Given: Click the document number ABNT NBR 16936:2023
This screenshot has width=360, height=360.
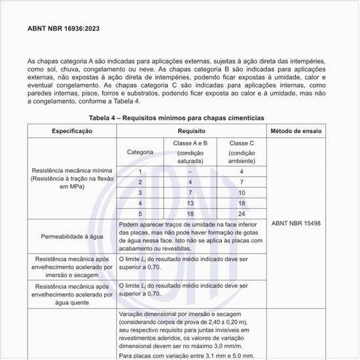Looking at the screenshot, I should pos(63,29).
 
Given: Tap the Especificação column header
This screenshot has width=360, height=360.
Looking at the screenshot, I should pos(72,131).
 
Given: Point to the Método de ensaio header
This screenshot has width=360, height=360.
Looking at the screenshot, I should pos(296,131).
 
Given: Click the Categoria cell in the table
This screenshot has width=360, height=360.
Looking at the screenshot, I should pos(140,152).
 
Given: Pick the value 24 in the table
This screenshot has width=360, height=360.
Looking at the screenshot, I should pos(242,213).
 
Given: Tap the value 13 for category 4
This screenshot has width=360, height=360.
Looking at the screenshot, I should pos(190,203).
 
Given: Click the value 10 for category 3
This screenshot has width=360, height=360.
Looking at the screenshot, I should pos(242,192).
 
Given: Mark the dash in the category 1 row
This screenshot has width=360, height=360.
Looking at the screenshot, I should pos(190,171).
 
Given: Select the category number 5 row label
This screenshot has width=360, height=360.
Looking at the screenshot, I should pos(140,213).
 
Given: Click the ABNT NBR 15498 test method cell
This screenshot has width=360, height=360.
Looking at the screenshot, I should pos(296,223).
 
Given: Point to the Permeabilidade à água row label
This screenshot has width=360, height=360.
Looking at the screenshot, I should pos(72,236).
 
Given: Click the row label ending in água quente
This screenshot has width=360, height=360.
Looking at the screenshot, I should pos(72,295).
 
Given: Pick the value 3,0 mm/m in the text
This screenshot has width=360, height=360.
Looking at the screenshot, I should pos(228,345).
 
